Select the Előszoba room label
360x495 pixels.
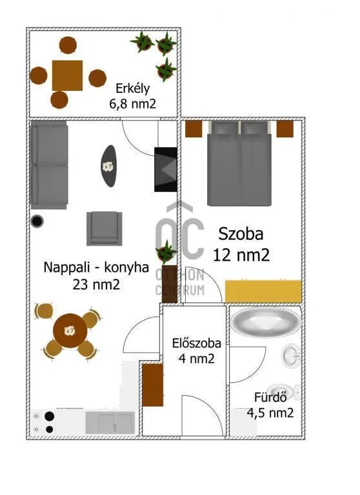point(193,344)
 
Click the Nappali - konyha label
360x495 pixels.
point(96,267)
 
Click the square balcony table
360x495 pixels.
point(68,76)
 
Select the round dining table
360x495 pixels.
point(68,331)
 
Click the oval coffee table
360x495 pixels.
point(108,166)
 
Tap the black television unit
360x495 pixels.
point(165,169)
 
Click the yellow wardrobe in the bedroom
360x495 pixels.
point(263,291)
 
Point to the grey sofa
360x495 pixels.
point(49,165)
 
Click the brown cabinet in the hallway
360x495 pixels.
point(153,385)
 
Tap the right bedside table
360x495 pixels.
point(285,129)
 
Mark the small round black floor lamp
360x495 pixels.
point(38,221)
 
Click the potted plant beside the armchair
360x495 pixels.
point(166,251)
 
